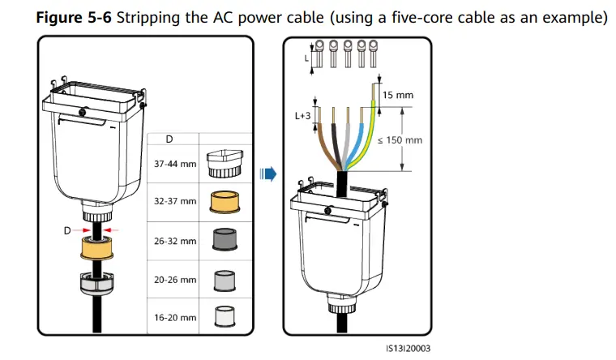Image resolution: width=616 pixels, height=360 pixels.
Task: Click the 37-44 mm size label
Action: (175, 163)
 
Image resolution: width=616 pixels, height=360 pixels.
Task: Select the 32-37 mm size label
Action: (175, 201)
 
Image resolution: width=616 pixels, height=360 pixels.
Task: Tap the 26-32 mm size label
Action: (175, 241)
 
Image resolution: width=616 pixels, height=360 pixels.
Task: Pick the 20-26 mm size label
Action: (175, 280)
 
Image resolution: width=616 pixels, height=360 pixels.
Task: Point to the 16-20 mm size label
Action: (175, 318)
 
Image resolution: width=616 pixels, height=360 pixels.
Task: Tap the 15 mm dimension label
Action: (398, 95)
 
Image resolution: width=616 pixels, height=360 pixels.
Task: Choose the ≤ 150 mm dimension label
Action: (400, 139)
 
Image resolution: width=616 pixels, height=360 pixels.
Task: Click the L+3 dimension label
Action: (302, 116)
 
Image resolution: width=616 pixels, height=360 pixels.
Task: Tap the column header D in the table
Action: (169, 139)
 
